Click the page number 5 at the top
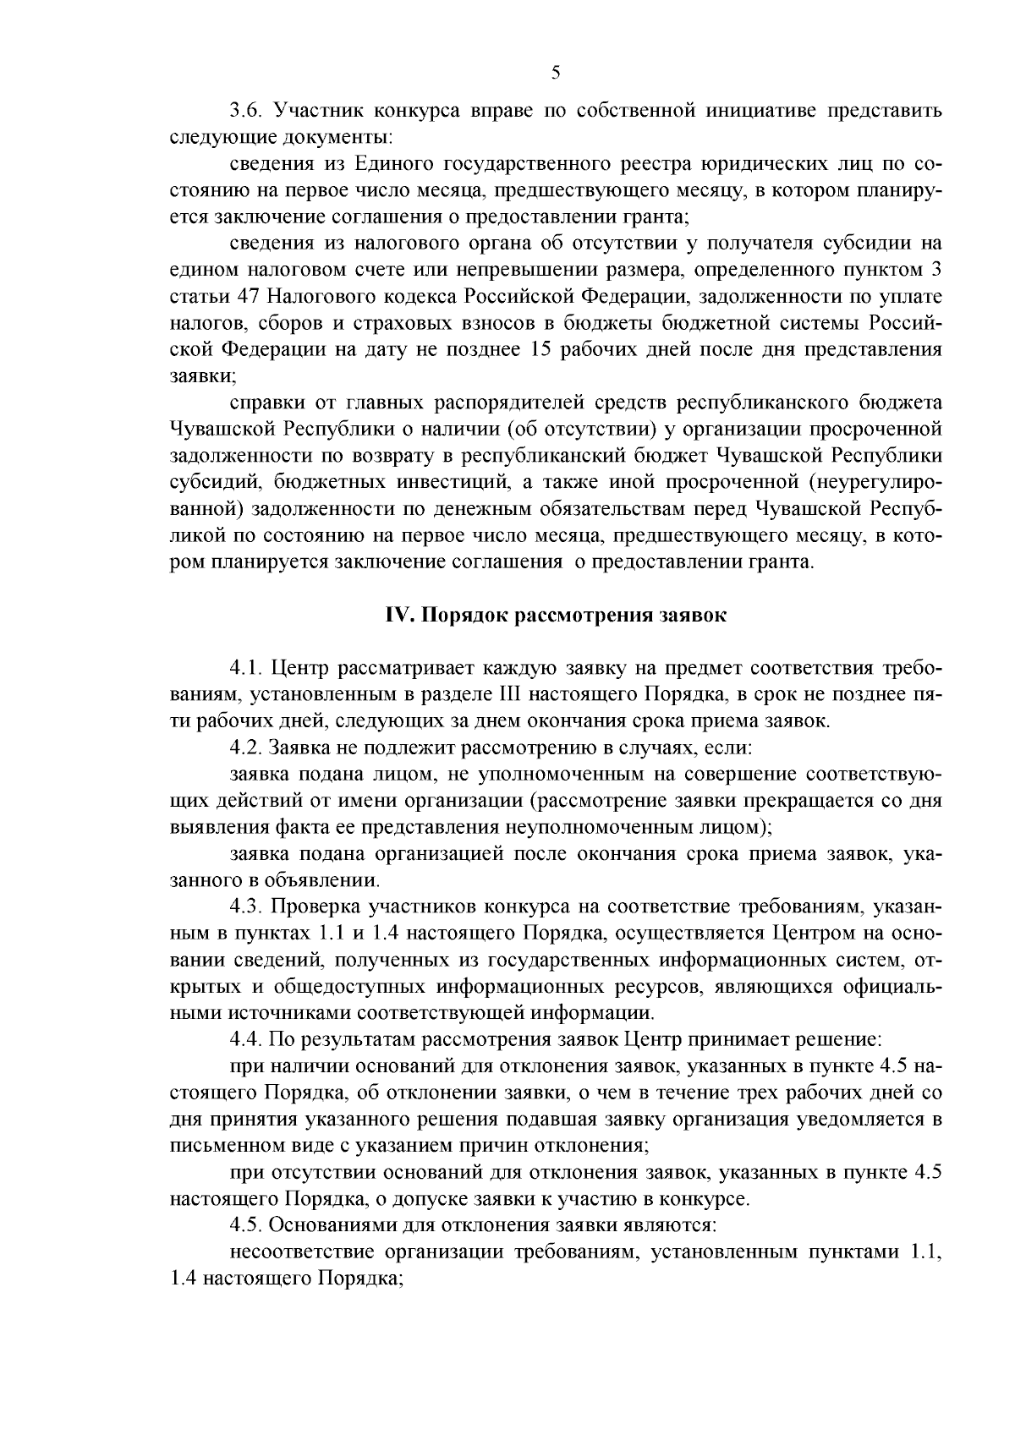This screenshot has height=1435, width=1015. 556,72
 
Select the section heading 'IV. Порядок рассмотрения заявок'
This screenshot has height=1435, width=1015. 556,616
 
